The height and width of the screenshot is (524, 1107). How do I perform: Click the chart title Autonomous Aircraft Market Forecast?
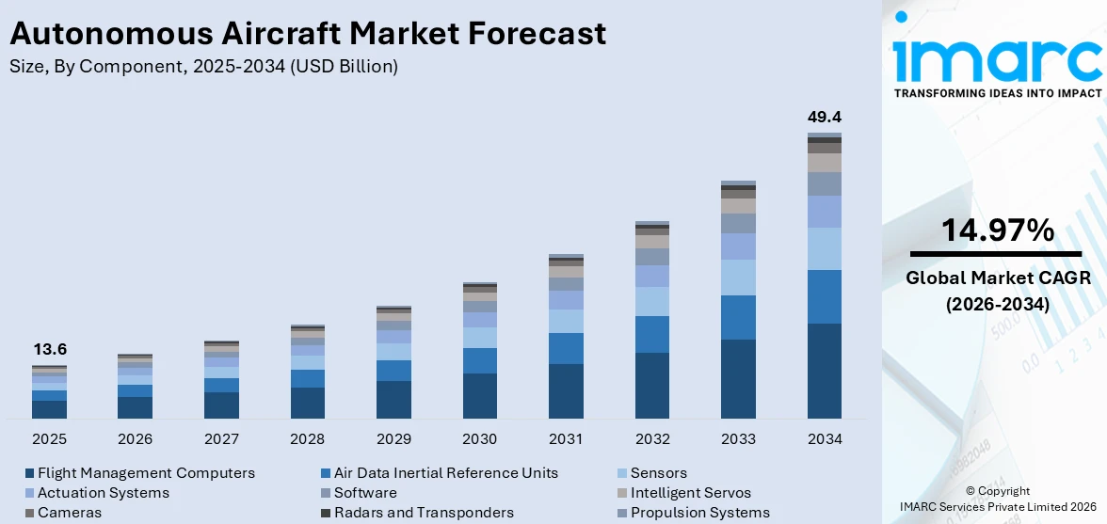[307, 34]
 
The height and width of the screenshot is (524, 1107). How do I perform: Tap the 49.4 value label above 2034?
[825, 118]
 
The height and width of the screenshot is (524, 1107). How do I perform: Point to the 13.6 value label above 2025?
[49, 349]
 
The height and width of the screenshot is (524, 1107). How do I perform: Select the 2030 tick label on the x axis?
[480, 439]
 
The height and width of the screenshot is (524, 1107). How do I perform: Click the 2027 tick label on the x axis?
[221, 439]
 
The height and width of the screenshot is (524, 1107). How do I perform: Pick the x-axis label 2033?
[738, 439]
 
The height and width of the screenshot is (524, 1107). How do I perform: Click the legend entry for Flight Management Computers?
[146, 473]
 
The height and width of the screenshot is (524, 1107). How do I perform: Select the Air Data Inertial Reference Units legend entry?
[445, 473]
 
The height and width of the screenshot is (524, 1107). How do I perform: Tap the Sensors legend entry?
[658, 473]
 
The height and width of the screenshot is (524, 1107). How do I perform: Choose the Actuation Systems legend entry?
[103, 493]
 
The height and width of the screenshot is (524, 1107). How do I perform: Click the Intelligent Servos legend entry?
[690, 493]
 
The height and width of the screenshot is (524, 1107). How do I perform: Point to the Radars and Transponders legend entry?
[424, 513]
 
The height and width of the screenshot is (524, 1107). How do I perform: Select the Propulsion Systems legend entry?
[699, 513]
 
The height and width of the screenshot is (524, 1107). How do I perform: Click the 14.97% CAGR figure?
[997, 230]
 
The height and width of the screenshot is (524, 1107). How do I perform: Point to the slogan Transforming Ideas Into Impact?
[997, 93]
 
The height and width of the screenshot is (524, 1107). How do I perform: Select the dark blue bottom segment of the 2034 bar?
[825, 372]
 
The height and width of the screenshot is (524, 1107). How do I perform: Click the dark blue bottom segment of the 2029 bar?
[393, 400]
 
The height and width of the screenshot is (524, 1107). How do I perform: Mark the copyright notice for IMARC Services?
[997, 499]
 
